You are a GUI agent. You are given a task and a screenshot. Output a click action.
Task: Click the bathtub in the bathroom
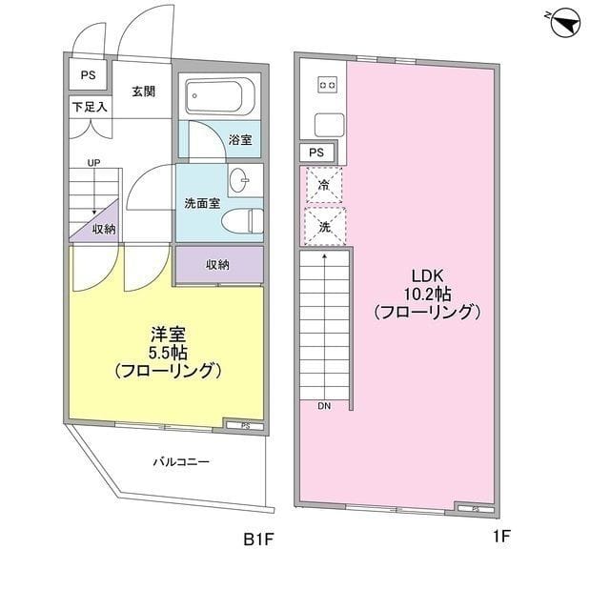[x=219, y=96]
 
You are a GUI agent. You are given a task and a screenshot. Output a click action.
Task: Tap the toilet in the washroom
[x=242, y=221]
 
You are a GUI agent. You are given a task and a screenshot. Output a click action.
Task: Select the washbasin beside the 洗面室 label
[x=240, y=180]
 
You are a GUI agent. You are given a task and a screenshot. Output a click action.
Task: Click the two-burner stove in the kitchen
[x=327, y=85]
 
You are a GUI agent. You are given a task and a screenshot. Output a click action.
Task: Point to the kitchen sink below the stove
[x=329, y=125]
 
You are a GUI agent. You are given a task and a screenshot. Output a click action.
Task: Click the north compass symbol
[x=565, y=24]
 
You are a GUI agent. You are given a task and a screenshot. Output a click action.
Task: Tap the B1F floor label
[x=258, y=539]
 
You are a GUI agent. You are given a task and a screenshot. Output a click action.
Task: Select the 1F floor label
[x=501, y=537]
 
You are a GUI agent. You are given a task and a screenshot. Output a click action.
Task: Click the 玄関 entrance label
[x=144, y=91]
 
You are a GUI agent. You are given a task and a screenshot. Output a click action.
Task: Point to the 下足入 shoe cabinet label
[x=90, y=107]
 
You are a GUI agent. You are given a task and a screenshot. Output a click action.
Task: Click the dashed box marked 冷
[x=324, y=185]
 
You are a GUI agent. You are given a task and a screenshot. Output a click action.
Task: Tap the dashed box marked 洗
[x=324, y=227]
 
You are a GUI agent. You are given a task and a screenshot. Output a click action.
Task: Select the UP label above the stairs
[x=93, y=163]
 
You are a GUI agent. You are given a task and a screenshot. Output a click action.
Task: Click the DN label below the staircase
[x=324, y=406]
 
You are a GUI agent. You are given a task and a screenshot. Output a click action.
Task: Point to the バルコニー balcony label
[x=181, y=461]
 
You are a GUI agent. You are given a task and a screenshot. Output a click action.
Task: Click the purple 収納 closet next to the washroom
[x=219, y=265]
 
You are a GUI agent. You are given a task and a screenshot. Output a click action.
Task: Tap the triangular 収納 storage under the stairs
[x=99, y=226]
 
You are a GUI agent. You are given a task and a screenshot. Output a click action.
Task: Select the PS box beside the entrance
[x=88, y=74]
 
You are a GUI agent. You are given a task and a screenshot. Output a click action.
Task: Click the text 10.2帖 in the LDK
[x=428, y=295]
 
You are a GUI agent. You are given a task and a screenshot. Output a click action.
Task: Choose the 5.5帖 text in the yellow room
[x=168, y=354]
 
